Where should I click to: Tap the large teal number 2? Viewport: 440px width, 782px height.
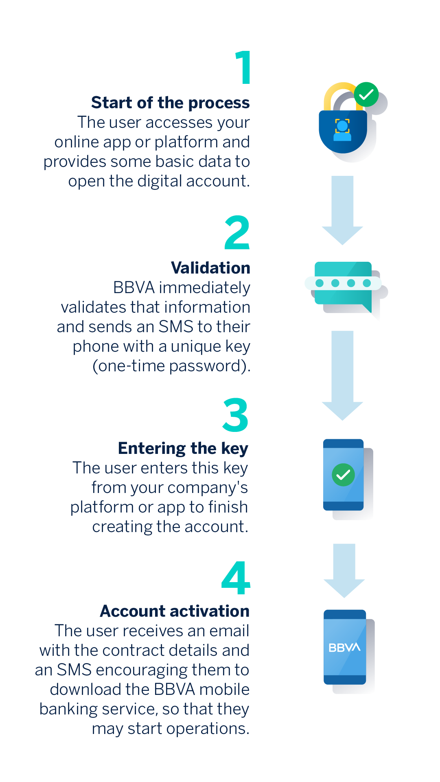237,232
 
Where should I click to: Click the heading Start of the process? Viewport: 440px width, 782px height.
171,103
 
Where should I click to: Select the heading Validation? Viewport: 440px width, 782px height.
211,268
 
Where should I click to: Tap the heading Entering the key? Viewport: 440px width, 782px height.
183,449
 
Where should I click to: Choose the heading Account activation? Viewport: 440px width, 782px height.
175,611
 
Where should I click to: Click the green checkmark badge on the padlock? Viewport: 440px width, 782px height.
366,94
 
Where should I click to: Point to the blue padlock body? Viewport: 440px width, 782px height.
343,131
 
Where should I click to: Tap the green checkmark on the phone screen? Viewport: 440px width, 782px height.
343,475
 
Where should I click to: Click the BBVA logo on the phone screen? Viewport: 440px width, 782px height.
344,647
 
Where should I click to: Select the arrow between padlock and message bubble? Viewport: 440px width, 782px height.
342,210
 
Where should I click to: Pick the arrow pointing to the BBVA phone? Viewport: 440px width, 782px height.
344,570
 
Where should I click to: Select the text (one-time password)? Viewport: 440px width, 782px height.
171,366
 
